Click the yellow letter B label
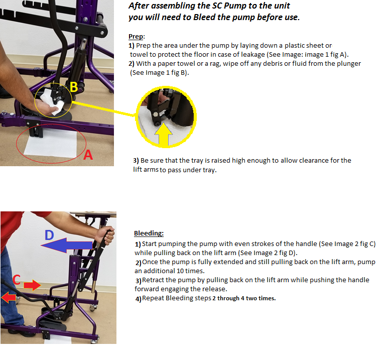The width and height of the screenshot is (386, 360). (x=74, y=87)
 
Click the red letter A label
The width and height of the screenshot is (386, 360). (x=88, y=155)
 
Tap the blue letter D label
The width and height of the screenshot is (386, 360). (x=49, y=235)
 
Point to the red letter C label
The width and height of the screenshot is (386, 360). (x=17, y=280)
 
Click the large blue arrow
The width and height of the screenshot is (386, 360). (x=66, y=245)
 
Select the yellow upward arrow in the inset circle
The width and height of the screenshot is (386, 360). (x=163, y=134)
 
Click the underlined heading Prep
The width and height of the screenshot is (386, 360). (x=136, y=37)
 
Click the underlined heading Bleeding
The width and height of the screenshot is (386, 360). (x=149, y=233)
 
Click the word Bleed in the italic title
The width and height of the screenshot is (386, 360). (x=204, y=17)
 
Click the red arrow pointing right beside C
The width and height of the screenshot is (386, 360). (x=32, y=285)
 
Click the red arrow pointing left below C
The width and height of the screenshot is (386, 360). (x=9, y=297)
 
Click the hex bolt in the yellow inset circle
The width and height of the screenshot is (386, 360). (x=156, y=114)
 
